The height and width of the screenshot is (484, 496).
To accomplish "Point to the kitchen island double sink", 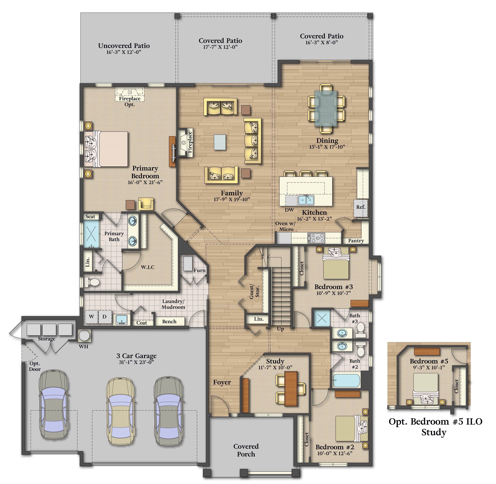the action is coord(306,200).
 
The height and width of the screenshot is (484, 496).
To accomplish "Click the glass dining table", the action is coord(326,109).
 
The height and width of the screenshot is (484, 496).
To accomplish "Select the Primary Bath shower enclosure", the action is coord(91,234).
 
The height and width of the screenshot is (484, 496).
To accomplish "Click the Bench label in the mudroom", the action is coord(169,322).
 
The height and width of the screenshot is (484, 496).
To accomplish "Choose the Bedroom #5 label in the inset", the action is coord(429,361).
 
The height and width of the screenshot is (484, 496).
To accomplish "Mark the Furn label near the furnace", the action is coord(199,270).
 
